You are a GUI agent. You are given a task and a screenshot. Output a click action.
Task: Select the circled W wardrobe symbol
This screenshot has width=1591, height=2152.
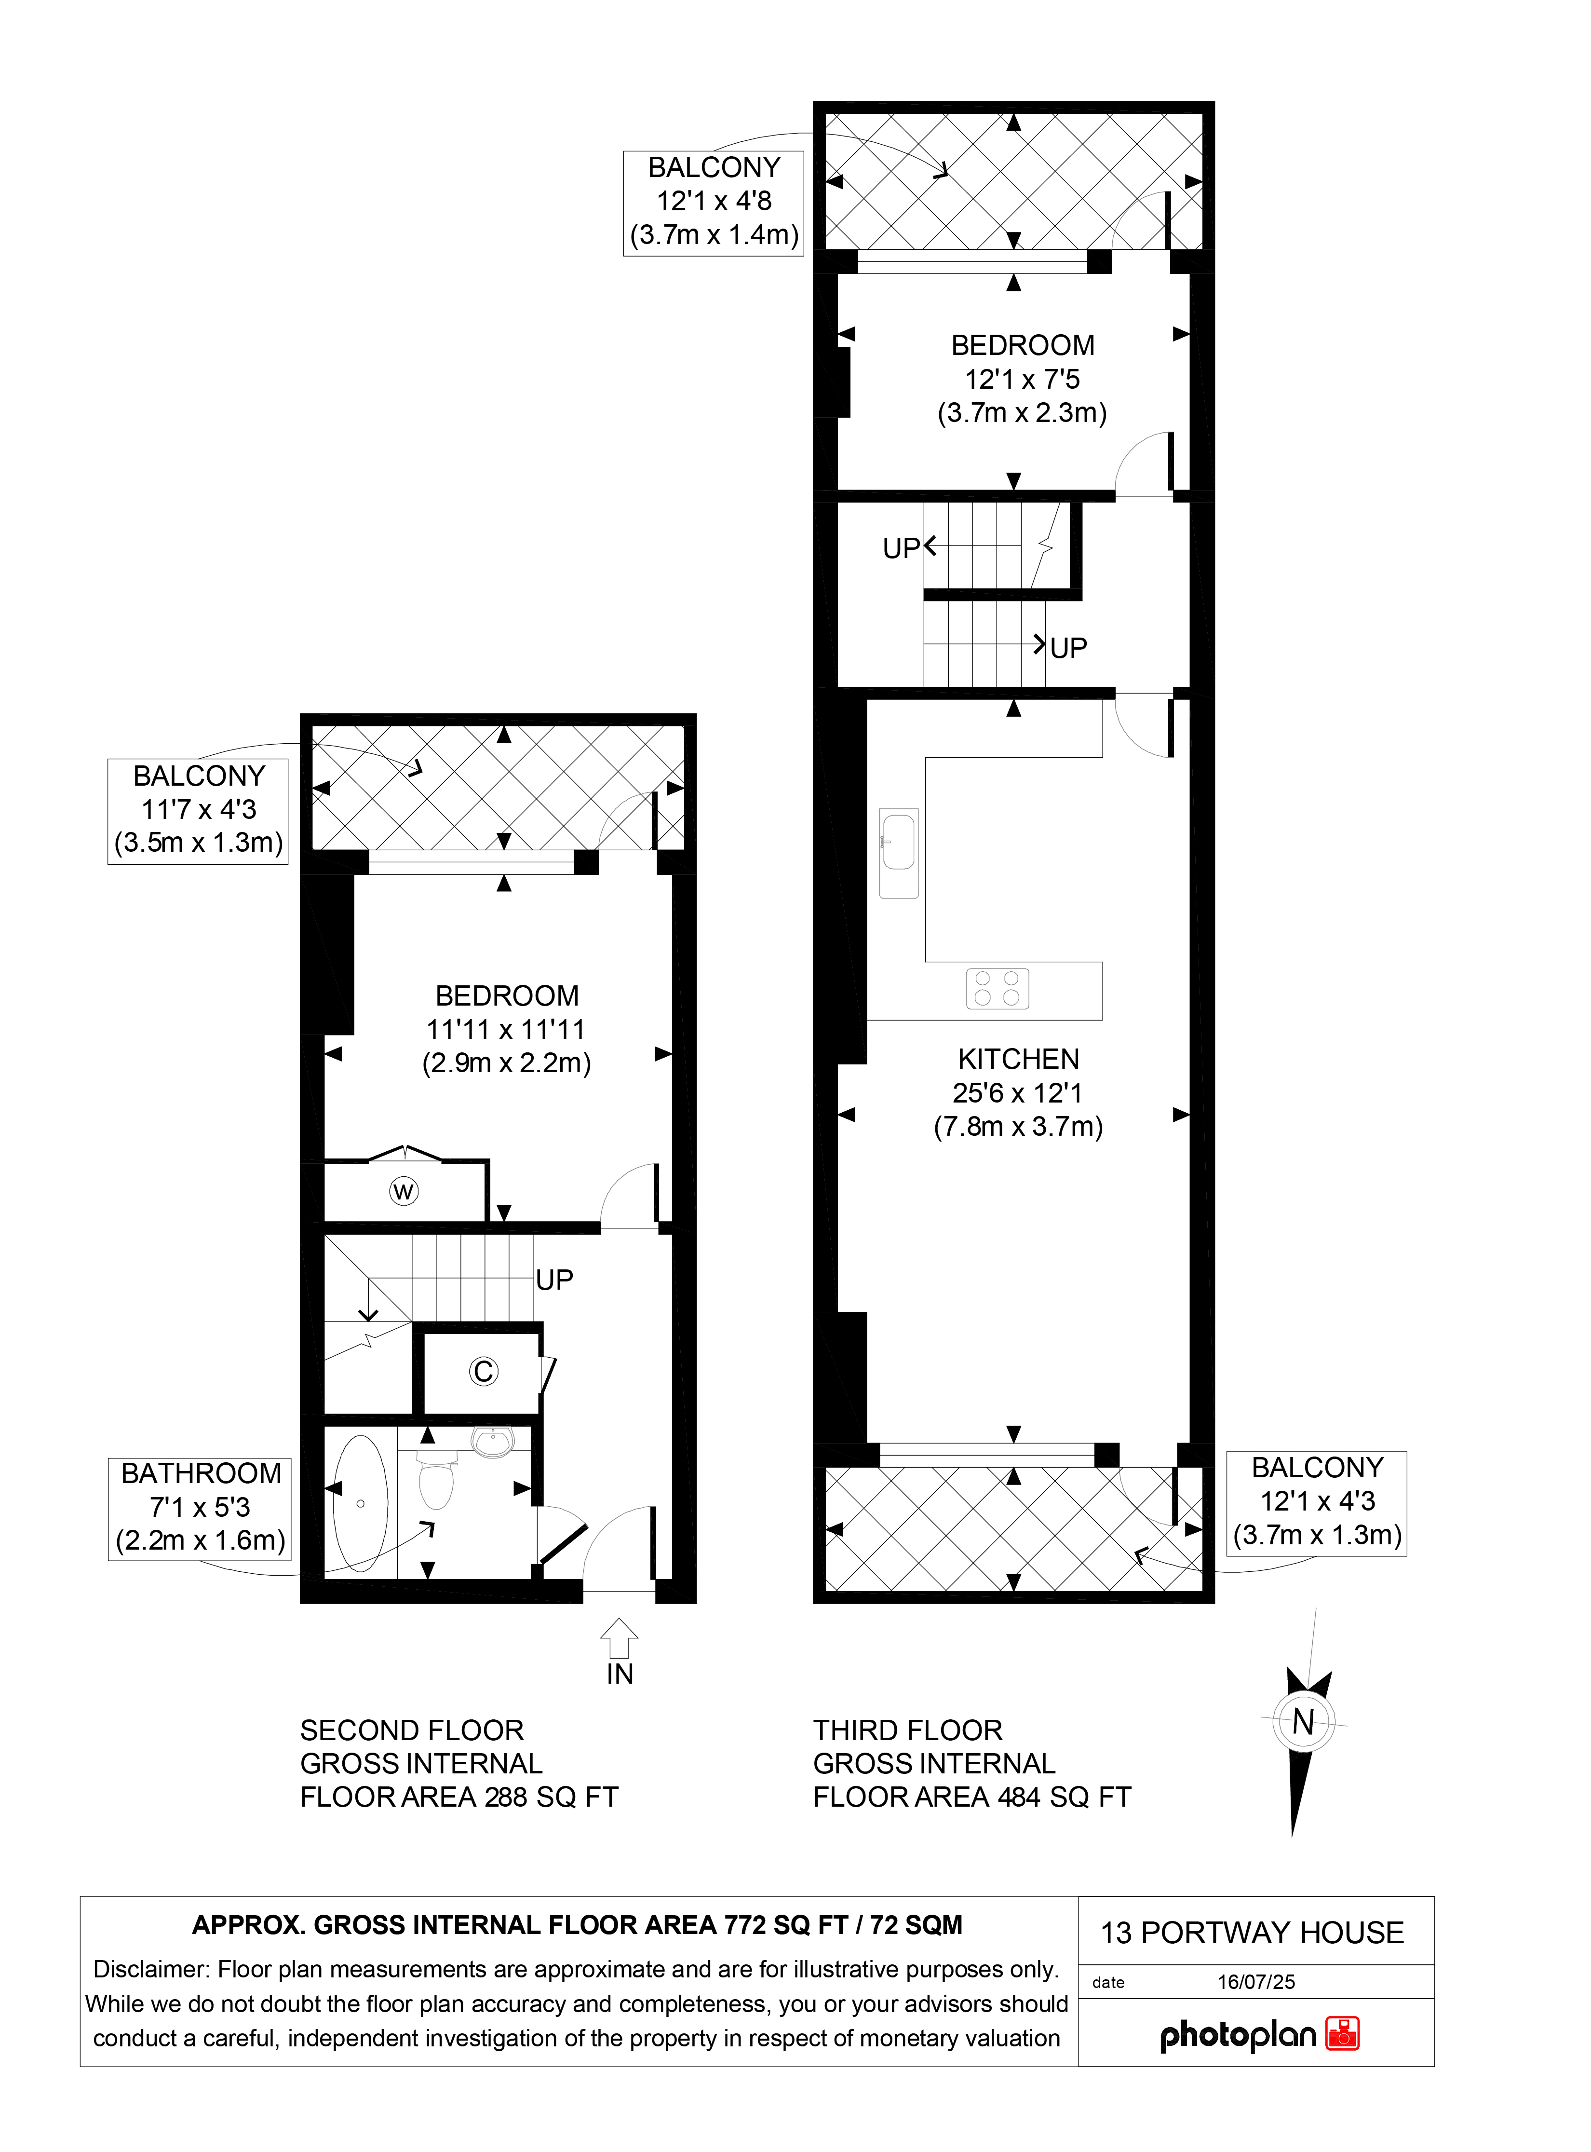[404, 1192]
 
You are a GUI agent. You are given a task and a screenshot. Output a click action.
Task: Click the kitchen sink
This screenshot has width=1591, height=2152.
[899, 854]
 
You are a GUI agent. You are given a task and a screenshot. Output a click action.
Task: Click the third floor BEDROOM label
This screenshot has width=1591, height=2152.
[1023, 345]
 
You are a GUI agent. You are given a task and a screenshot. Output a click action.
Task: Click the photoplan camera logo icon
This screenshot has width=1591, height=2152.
[1343, 2033]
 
